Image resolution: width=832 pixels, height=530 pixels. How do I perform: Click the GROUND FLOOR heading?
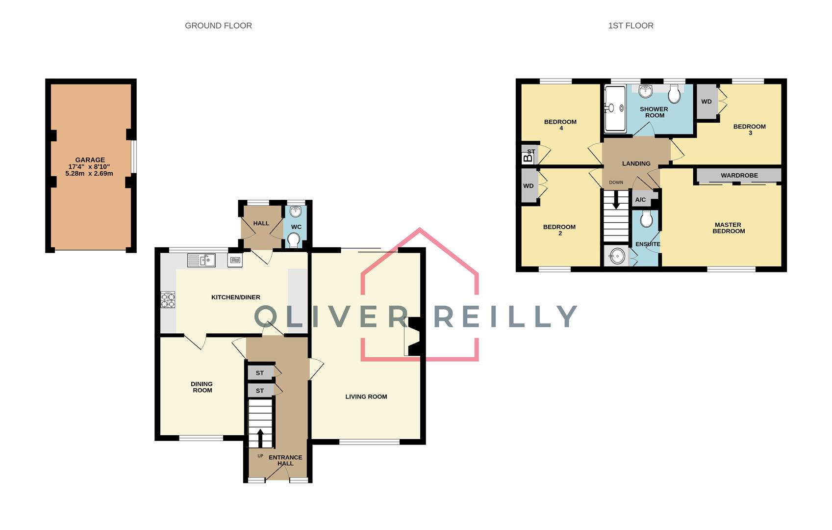click(x=218, y=26)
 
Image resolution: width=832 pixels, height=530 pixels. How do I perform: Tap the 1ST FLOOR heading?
click(x=630, y=26)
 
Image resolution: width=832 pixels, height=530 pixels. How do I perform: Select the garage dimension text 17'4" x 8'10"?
click(x=89, y=167)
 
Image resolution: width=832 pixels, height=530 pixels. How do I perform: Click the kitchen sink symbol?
click(x=202, y=260)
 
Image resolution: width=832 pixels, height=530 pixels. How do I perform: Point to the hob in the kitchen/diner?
click(x=168, y=300)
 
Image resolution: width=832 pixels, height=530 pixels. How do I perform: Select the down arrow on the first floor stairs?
click(x=616, y=200)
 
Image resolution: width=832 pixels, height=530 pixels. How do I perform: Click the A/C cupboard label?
click(x=640, y=200)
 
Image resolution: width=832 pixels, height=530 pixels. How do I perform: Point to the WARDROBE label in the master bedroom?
click(x=739, y=175)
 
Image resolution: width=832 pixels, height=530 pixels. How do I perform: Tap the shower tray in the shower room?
click(x=615, y=109)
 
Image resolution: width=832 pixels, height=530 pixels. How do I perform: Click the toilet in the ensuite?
click(x=646, y=219)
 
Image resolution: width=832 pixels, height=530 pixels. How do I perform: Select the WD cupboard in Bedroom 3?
click(x=706, y=102)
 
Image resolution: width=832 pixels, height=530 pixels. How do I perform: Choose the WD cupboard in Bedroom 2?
click(x=529, y=186)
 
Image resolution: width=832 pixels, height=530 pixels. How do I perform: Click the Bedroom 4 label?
click(x=560, y=125)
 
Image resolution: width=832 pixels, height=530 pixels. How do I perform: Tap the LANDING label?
click(x=636, y=163)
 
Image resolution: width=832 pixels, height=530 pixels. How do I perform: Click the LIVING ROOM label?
click(x=366, y=397)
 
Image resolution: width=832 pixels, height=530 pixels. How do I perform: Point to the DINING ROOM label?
click(x=202, y=387)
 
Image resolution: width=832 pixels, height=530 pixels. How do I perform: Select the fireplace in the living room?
click(x=413, y=337)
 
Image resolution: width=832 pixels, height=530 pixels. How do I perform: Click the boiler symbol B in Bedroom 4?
click(x=528, y=158)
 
